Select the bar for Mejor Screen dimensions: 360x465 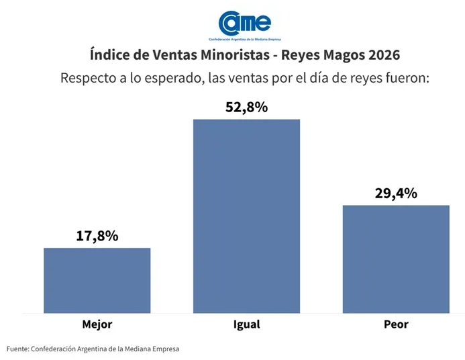point(97,280)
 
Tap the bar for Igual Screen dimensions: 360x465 point(246,216)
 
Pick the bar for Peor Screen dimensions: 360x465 point(396,259)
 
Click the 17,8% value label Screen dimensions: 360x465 point(97,236)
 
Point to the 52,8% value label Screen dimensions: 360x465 point(246,107)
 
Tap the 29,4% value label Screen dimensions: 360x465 point(396,193)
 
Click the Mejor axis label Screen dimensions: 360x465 point(97,324)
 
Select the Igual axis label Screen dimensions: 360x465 point(246,324)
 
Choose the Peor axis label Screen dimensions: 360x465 point(396,324)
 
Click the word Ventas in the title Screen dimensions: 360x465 point(166,53)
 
